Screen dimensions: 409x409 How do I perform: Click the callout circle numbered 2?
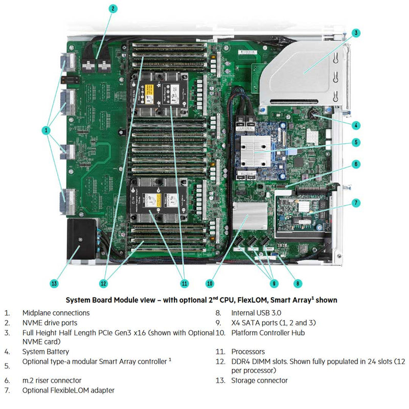click(113, 8)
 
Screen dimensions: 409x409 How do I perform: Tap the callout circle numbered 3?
click(356, 33)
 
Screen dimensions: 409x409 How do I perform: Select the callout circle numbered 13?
click(54, 283)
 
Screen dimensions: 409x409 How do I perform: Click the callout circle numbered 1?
click(47, 130)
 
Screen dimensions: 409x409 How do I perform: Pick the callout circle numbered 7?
click(356, 203)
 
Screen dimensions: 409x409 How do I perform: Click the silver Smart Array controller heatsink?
click(255, 148)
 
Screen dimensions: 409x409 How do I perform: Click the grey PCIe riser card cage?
click(302, 72)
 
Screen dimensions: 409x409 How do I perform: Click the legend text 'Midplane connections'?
click(56, 312)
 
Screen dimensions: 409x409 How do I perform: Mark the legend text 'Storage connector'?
click(259, 380)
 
